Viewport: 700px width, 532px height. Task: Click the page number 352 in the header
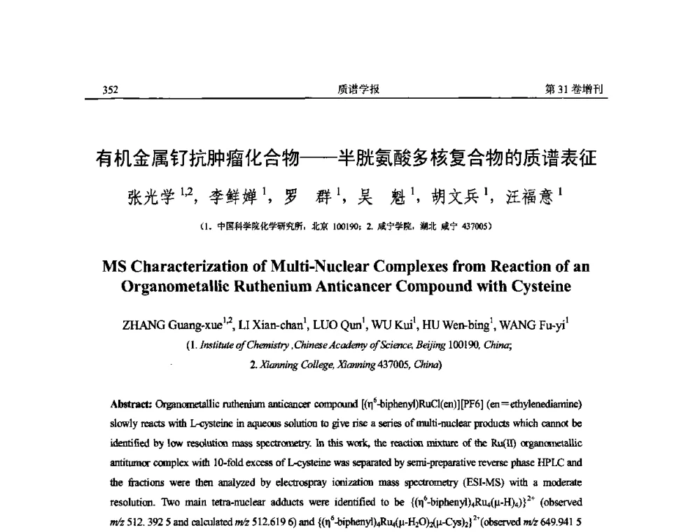click(x=111, y=90)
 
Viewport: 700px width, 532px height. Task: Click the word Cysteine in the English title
click(x=533, y=286)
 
